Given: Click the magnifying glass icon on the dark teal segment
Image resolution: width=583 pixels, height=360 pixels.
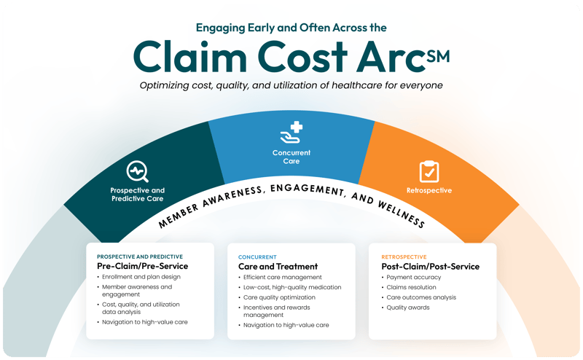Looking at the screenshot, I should (137, 171).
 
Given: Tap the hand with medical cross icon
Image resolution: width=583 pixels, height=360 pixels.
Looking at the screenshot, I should (291, 133).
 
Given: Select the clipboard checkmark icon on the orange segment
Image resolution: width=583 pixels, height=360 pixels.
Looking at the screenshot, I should (429, 172).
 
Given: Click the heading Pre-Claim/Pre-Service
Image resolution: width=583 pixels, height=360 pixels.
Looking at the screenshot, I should (142, 267).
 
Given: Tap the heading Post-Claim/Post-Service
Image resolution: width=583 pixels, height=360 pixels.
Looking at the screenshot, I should (430, 267).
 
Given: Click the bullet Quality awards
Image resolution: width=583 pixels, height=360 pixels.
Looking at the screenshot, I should (408, 308).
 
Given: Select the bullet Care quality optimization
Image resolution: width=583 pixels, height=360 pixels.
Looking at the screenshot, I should (280, 298).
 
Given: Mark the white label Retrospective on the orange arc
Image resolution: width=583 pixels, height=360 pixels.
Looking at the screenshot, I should (429, 191).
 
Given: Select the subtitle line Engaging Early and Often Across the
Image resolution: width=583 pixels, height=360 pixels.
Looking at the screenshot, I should (291, 28).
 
